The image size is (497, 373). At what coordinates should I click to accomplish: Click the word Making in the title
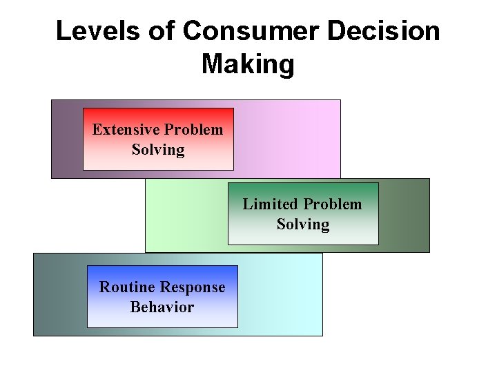click(x=248, y=65)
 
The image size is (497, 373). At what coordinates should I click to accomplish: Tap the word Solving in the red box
click(x=158, y=150)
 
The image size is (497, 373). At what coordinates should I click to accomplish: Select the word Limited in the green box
click(x=271, y=204)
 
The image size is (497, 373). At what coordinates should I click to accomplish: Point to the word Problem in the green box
click(x=333, y=204)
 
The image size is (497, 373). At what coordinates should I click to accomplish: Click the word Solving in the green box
click(x=303, y=224)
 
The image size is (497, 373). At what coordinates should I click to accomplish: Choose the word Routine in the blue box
click(x=127, y=287)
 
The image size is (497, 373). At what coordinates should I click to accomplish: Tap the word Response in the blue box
click(x=193, y=287)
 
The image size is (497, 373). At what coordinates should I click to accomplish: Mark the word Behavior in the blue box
click(x=162, y=307)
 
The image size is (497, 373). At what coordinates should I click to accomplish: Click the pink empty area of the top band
click(x=290, y=138)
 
